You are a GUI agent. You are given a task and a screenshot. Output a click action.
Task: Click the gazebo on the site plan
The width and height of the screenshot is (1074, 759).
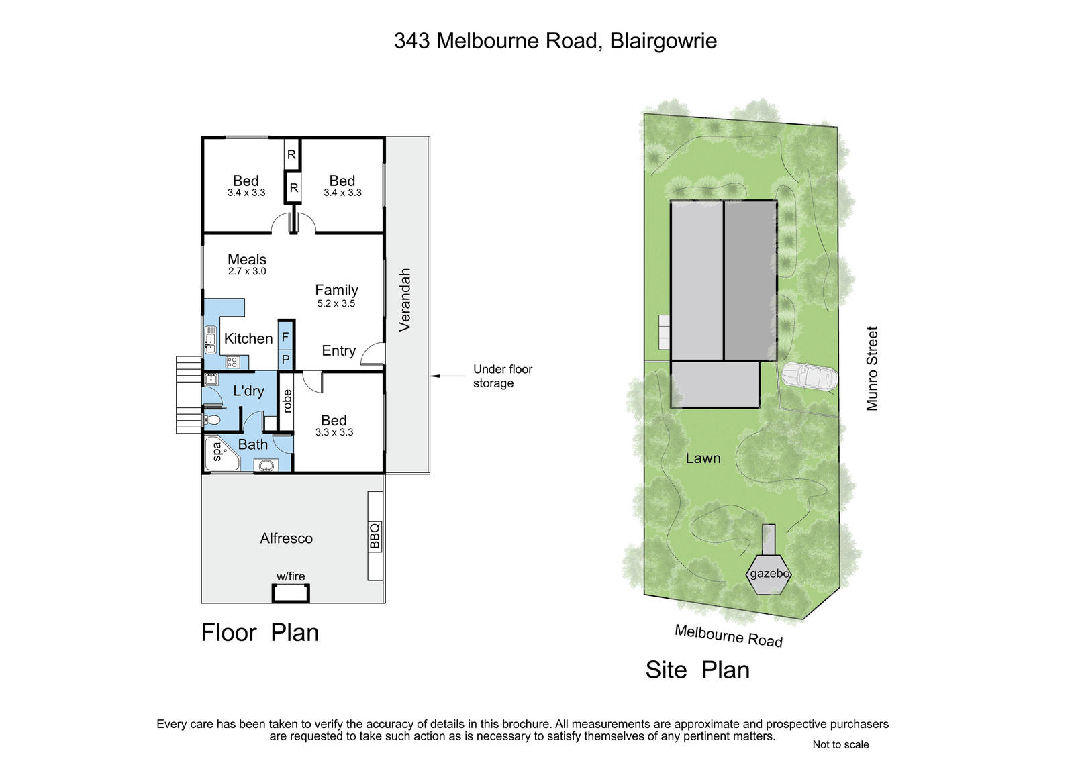[768, 574]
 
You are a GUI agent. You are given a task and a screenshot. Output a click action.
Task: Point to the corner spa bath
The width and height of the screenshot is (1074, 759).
[221, 454]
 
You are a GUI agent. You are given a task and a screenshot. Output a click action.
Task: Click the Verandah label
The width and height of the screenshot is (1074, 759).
[405, 300]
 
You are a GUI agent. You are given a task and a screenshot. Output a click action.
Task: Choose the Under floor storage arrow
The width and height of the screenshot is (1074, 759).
[447, 376]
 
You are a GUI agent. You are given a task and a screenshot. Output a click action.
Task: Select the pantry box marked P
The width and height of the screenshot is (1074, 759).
[286, 360]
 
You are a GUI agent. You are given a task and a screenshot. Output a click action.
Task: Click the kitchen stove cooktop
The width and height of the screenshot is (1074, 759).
[232, 362]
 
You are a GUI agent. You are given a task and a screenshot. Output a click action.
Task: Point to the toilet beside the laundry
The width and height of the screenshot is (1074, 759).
[211, 420]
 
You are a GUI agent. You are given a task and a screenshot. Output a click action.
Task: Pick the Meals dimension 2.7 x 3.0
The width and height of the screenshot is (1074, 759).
[247, 271]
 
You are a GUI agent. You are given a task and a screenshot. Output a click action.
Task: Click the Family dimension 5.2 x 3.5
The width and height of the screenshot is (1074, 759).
[336, 303]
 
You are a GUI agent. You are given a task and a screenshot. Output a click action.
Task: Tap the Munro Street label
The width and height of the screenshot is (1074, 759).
[872, 368]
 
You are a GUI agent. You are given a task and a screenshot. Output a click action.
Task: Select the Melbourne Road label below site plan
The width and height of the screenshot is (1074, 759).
[729, 636]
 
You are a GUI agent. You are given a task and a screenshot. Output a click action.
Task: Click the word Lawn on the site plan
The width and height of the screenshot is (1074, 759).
[703, 458]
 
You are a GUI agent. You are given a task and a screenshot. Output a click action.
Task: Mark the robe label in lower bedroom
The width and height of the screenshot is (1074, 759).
[287, 401]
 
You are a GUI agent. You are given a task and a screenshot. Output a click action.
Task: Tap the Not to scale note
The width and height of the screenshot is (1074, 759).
[840, 744]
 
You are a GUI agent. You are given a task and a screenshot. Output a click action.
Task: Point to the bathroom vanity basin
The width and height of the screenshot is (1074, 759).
[266, 466]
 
